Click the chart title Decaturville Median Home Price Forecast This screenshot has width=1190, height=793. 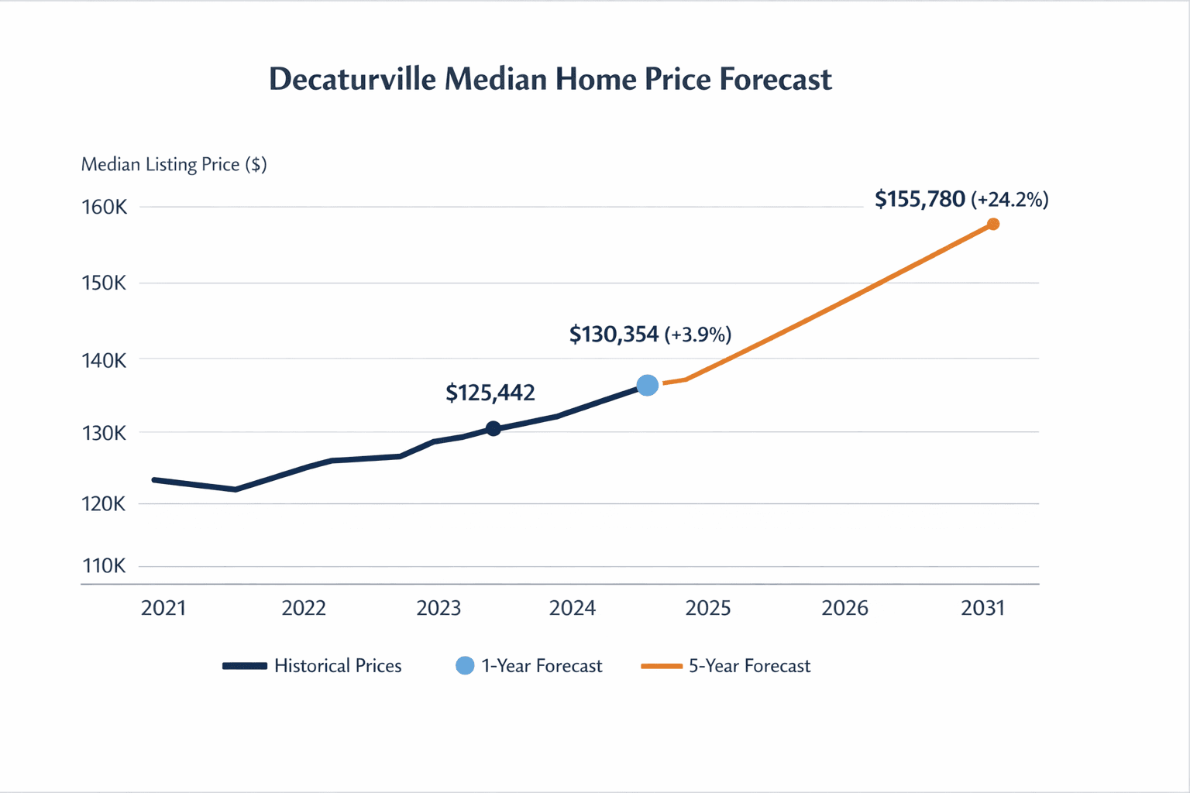tap(550, 80)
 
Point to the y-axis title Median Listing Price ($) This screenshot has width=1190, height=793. tap(174, 165)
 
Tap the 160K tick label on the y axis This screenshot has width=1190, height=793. tap(105, 208)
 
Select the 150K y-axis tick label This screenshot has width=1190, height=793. tap(104, 283)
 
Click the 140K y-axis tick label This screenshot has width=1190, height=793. tap(104, 360)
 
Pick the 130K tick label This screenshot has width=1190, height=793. tap(104, 433)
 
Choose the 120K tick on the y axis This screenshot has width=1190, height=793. tap(104, 504)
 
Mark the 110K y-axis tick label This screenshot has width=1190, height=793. tap(104, 566)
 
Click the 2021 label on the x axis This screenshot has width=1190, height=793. tap(163, 608)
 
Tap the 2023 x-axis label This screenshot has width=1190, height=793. tap(439, 608)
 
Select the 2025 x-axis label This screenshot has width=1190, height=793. tap(708, 608)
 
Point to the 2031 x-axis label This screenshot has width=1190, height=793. tap(982, 608)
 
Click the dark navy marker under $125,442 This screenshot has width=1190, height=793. tap(494, 428)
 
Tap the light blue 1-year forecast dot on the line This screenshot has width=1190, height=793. tap(648, 385)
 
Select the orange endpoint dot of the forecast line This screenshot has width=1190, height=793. tap(993, 224)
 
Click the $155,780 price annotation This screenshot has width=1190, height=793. tap(920, 200)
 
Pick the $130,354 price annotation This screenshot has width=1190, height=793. tap(614, 335)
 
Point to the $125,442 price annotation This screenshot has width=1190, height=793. tap(490, 393)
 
